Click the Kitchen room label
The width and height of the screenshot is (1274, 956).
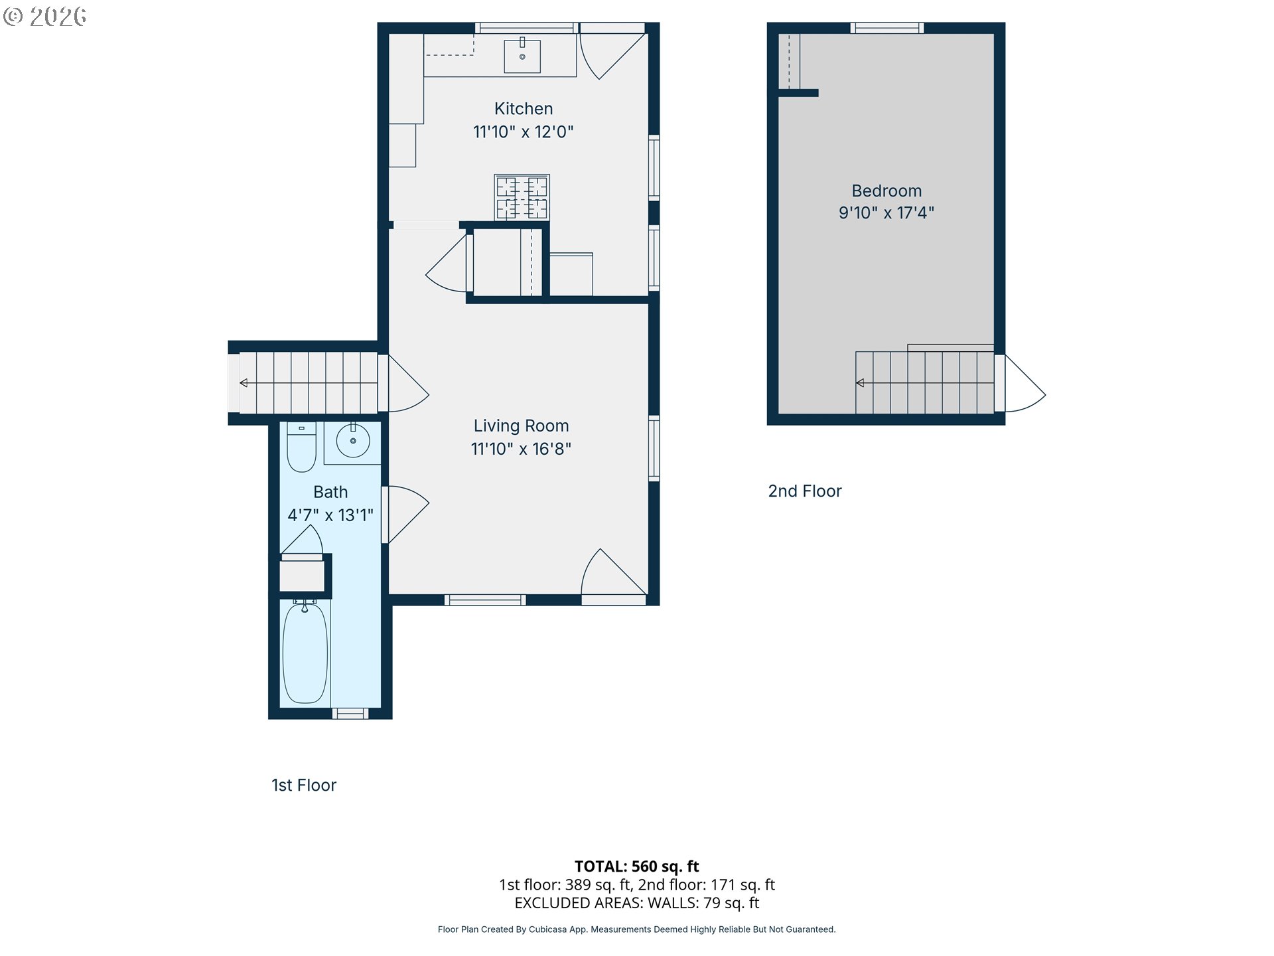(x=524, y=109)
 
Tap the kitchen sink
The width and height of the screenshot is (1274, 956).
(x=522, y=56)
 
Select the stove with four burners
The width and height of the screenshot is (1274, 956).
(x=522, y=197)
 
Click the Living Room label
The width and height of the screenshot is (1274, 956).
(x=521, y=426)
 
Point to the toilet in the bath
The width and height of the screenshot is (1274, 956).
(x=301, y=447)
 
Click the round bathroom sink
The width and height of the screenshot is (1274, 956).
(x=353, y=440)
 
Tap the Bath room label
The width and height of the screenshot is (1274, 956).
(x=330, y=492)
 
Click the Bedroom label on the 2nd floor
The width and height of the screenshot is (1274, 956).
(x=886, y=191)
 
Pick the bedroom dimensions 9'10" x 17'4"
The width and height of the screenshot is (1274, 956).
(x=886, y=213)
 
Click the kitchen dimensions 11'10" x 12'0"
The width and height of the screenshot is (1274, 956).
(x=524, y=131)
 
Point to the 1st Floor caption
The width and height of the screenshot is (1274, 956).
(x=304, y=785)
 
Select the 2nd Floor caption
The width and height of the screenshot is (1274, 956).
(x=805, y=491)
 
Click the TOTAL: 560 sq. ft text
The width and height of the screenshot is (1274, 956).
(x=637, y=866)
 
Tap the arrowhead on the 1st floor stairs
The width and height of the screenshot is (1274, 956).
(x=244, y=383)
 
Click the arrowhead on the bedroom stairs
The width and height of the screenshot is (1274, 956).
(x=860, y=383)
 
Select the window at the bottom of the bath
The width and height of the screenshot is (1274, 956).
(x=350, y=714)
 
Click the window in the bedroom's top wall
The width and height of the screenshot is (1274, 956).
(x=887, y=28)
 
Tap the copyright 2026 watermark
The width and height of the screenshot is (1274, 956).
(x=44, y=17)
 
